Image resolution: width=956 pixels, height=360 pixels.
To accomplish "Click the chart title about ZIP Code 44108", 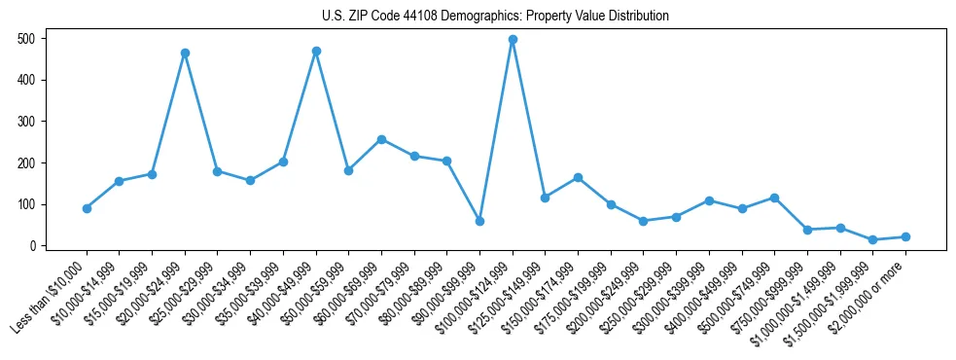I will (x=495, y=17).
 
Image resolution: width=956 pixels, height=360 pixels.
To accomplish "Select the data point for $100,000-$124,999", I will (x=513, y=40).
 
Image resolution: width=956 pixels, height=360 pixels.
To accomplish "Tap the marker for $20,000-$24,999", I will (x=185, y=54).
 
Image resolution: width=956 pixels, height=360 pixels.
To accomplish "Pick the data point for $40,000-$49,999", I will (x=316, y=51).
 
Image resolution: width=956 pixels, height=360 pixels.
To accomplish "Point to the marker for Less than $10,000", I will (x=87, y=208).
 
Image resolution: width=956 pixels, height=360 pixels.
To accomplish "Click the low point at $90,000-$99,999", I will (x=479, y=221).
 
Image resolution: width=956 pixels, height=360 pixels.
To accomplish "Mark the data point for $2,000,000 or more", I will (x=905, y=236).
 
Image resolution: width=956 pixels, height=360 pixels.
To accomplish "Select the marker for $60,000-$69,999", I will (x=381, y=139).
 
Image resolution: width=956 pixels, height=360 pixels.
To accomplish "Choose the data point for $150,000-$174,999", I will (x=578, y=177).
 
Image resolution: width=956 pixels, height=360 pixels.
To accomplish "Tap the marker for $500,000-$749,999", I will (x=774, y=198).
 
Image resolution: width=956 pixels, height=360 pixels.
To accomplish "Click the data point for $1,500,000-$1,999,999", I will (x=872, y=239).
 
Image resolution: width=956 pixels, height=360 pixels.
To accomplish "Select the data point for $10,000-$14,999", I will (x=119, y=181).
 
